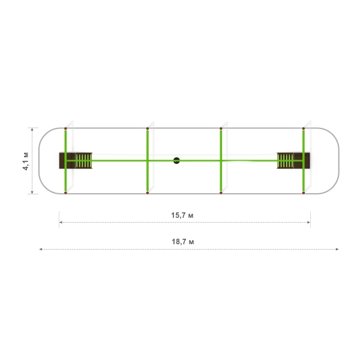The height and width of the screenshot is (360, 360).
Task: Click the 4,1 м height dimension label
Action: pyautogui.click(x=26, y=161)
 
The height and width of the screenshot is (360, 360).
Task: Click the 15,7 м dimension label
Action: pyautogui.click(x=182, y=215)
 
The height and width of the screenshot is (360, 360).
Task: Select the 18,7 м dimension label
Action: pyautogui.click(x=183, y=242)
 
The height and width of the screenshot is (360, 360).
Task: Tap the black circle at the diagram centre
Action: pyautogui.click(x=176, y=160)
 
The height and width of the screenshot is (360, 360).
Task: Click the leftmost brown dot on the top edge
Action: pyautogui.click(x=65, y=128)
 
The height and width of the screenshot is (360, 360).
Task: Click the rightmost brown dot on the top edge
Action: pyautogui.click(x=304, y=128)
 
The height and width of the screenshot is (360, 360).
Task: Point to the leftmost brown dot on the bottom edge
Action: pyautogui.click(x=65, y=193)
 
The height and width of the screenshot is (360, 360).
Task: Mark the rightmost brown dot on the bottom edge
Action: pyautogui.click(x=304, y=193)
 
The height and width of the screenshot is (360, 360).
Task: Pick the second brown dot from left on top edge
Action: pyautogui.click(x=148, y=128)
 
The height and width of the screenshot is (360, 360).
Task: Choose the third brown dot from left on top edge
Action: pyautogui.click(x=221, y=128)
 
